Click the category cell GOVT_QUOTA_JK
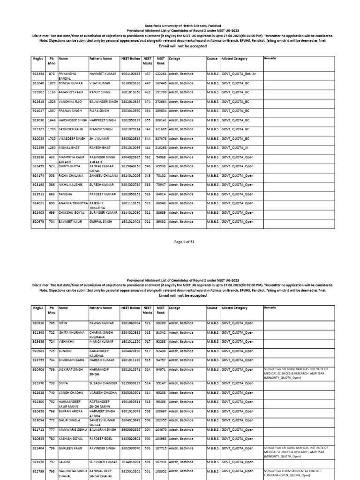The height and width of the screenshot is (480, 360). coord(235,148)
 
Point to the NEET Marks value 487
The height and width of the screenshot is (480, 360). coord(147,74)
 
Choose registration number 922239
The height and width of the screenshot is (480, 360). coord(38,148)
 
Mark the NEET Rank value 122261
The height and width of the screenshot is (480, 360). coord(160,74)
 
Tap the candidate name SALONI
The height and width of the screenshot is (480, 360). coord(65,462)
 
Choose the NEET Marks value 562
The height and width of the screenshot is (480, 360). coord(147,157)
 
